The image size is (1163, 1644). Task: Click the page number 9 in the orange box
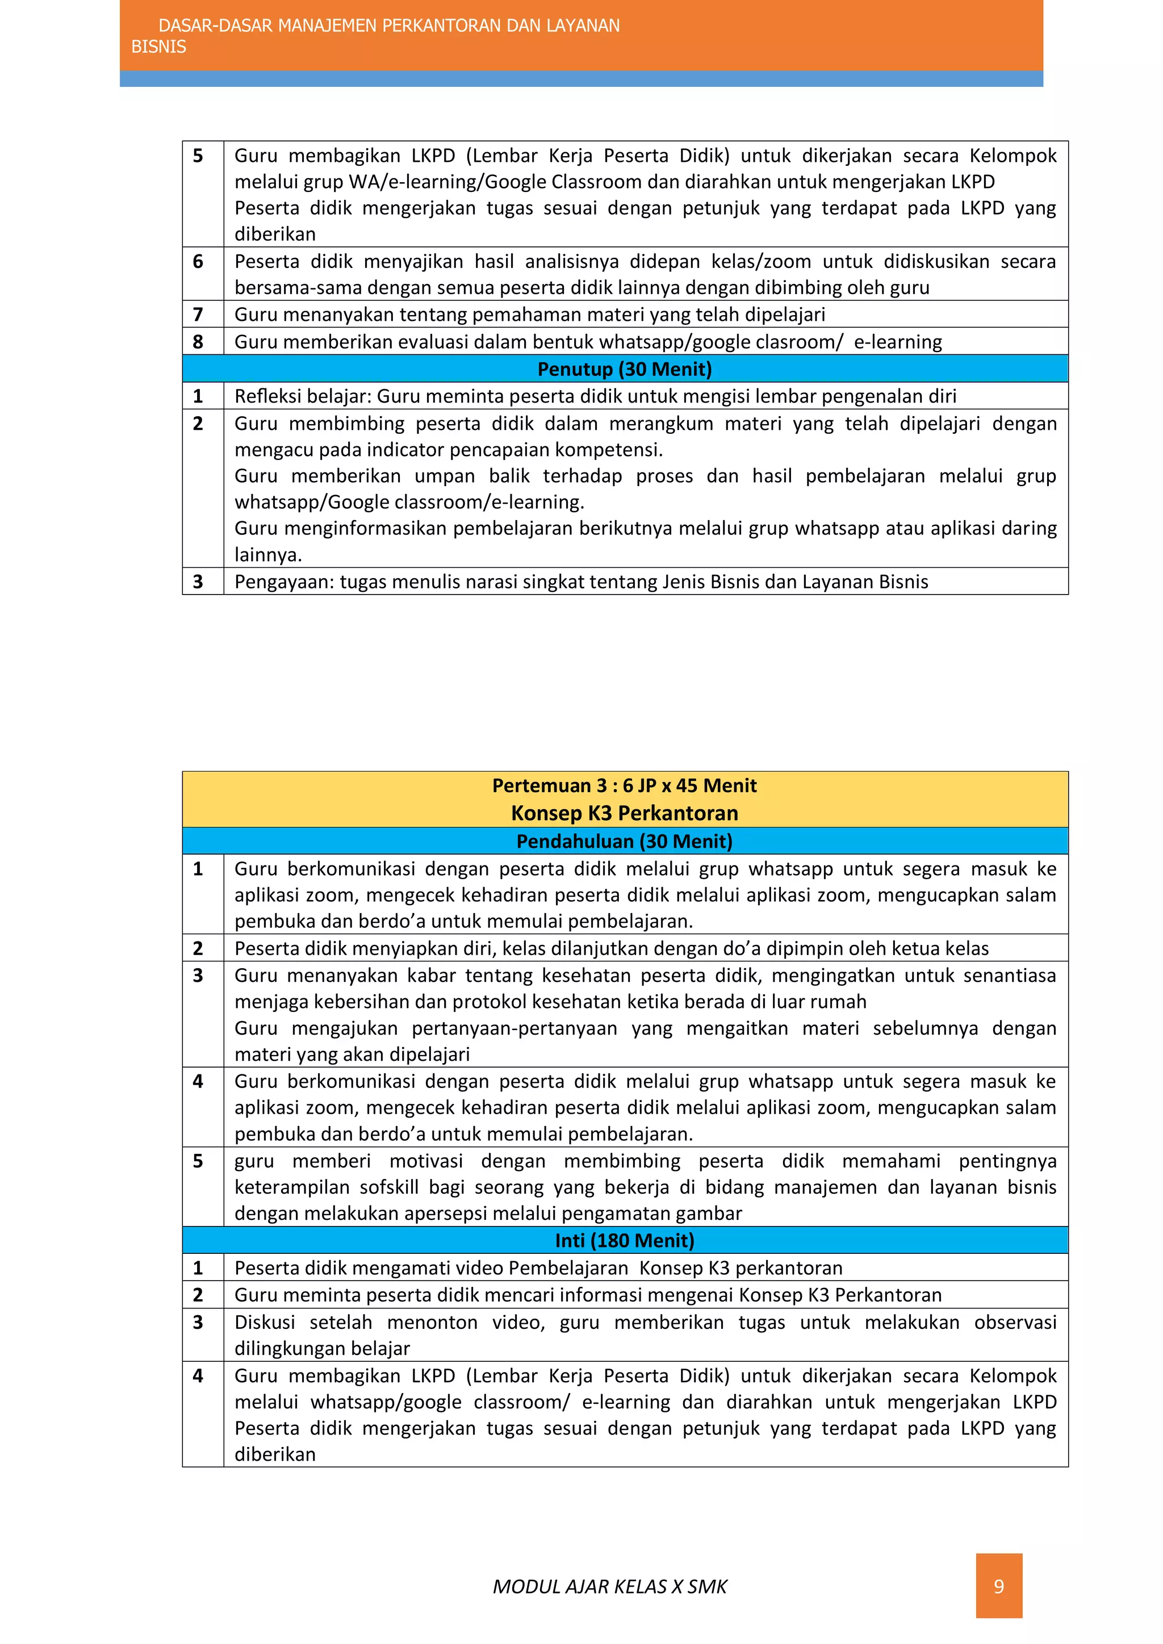click(x=998, y=1587)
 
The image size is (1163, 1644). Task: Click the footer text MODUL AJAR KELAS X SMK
click(x=609, y=1587)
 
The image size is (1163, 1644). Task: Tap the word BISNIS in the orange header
click(x=158, y=47)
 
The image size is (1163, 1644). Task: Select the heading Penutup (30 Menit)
click(x=625, y=370)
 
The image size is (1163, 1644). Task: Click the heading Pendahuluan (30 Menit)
click(x=625, y=842)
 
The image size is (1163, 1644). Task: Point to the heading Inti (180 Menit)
click(x=625, y=1241)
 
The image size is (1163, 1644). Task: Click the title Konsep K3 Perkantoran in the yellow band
click(x=625, y=813)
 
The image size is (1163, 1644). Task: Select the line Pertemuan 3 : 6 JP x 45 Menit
click(x=625, y=786)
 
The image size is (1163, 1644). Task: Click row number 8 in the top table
click(x=198, y=342)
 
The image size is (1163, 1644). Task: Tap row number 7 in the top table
click(x=198, y=315)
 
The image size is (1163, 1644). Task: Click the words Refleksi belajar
click(x=302, y=397)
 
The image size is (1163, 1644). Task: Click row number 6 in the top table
click(x=198, y=262)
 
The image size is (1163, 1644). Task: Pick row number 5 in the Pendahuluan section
click(x=198, y=1161)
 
